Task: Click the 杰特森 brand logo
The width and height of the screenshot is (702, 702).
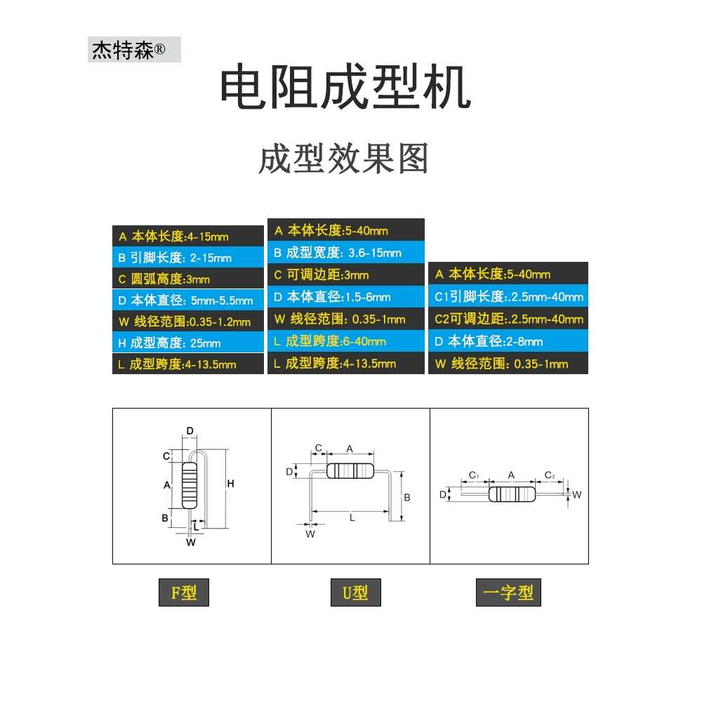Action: tap(134, 49)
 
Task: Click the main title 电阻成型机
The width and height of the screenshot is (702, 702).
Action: tap(345, 86)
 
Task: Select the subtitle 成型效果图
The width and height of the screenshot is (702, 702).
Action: tap(343, 159)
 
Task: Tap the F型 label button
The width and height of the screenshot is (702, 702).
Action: tap(183, 592)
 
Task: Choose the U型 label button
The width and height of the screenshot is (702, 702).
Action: tap(355, 592)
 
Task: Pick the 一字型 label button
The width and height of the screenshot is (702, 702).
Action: tap(508, 592)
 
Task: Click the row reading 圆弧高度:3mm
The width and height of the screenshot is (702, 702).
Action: tap(188, 279)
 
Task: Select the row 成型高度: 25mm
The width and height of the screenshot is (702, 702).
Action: tap(188, 343)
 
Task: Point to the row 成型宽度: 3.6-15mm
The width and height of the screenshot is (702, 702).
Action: tap(345, 253)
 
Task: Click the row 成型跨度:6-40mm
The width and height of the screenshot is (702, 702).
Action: tap(345, 341)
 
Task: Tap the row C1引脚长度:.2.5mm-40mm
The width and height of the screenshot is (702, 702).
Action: tap(508, 296)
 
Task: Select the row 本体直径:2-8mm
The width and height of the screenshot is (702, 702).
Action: tap(508, 341)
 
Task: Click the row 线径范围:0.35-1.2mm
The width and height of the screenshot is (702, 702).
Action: tap(188, 322)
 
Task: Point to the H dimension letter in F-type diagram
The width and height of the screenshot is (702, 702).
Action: tap(230, 484)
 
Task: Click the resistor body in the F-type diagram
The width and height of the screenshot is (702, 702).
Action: tap(190, 486)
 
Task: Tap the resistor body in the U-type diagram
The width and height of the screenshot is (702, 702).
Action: tap(350, 471)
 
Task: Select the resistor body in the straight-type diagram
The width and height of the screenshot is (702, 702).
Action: tap(512, 494)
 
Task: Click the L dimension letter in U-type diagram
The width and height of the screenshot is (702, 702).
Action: tap(352, 518)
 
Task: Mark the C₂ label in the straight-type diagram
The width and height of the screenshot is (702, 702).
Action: tap(550, 475)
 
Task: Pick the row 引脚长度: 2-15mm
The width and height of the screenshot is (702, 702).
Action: tap(188, 258)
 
